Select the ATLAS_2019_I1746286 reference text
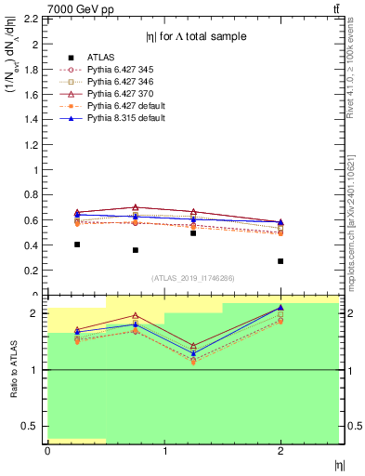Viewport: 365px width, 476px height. [192, 278]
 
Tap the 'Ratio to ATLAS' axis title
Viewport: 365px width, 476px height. [14, 369]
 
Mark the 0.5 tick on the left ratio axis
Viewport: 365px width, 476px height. [33, 426]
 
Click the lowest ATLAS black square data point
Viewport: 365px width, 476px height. [280, 261]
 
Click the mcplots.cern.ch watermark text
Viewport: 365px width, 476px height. [357, 223]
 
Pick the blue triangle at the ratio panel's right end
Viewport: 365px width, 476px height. [280, 308]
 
